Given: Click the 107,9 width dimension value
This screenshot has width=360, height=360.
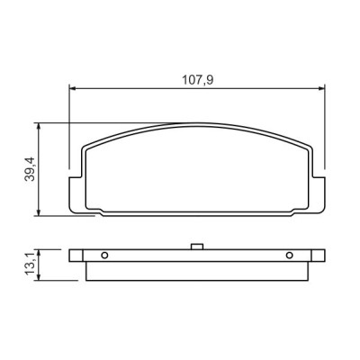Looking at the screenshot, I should point(195,79).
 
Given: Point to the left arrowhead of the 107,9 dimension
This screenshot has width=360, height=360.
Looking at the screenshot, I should point(73,88).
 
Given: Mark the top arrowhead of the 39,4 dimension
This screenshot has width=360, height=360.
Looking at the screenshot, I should point(39,125).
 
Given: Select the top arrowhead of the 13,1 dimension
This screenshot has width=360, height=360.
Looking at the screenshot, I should point(39,250).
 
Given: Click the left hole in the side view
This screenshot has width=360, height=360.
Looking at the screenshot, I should point(104,254).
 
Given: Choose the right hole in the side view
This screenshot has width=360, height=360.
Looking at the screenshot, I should point(289,254).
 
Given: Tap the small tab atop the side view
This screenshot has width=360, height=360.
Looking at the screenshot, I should point(195,245).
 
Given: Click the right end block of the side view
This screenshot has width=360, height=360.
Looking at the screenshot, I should point(317,255).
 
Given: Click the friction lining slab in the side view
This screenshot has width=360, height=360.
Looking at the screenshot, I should point(196,268).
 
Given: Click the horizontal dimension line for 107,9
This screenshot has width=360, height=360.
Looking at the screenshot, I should point(135,88).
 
